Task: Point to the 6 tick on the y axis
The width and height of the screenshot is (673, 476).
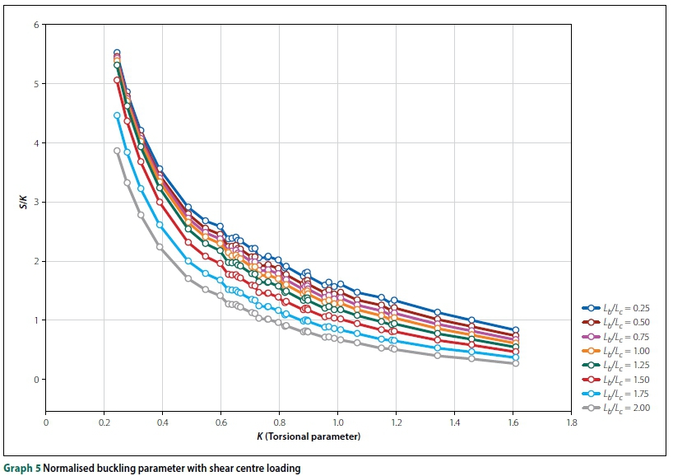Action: [x=37, y=25]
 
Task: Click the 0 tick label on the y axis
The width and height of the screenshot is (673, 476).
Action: [x=37, y=380]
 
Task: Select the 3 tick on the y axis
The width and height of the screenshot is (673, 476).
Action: [x=37, y=202]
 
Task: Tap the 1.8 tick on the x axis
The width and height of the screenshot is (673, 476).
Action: [x=571, y=423]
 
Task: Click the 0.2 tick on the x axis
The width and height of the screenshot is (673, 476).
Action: [x=104, y=423]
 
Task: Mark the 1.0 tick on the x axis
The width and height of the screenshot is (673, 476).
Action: [x=337, y=423]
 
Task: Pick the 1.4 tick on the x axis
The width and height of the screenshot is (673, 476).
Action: [x=454, y=423]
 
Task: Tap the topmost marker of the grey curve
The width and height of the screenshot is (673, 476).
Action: [x=117, y=151]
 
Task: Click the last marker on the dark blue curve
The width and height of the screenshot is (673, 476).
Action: [x=516, y=330]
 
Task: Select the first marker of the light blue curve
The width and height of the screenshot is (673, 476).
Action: [x=117, y=116]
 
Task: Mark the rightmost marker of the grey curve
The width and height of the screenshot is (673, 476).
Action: [x=516, y=363]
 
